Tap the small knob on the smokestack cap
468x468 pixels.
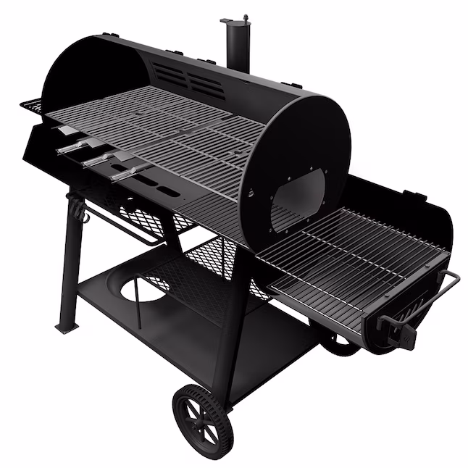245,15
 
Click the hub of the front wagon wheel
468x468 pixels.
203,417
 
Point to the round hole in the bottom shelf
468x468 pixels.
142,290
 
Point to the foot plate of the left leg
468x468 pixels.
67,327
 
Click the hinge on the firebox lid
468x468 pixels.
414,193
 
